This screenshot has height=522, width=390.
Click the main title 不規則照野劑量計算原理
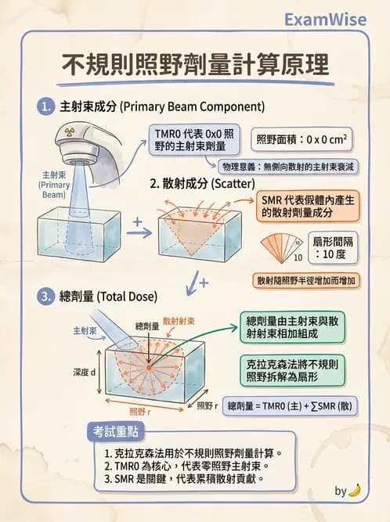[x=195, y=64]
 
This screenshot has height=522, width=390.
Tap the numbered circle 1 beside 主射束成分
[x=46, y=106]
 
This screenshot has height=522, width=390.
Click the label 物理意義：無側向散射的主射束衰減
[x=289, y=167]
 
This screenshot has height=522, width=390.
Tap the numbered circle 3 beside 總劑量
[x=46, y=297]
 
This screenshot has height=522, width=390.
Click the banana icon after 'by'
[x=355, y=490]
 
